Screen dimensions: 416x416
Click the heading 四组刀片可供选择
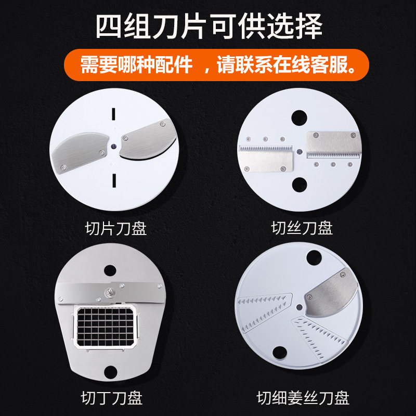[x=209, y=27]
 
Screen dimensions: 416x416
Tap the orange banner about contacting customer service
[x=216, y=64]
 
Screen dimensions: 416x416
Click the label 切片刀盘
[x=116, y=228]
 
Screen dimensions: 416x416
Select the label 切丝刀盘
[x=302, y=228]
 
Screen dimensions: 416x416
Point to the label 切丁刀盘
[x=112, y=398]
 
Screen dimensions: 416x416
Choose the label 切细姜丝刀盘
[x=303, y=398]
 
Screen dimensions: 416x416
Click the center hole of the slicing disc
[x=114, y=146]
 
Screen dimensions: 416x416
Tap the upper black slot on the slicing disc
[x=114, y=114]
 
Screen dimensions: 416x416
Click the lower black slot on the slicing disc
[x=114, y=180]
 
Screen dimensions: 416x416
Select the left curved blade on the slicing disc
[x=80, y=152]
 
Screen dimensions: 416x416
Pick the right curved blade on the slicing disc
[x=148, y=139]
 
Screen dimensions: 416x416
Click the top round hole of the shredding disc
[x=300, y=118]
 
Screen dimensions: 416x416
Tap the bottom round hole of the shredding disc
[x=300, y=185]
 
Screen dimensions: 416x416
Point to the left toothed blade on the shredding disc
[x=266, y=159]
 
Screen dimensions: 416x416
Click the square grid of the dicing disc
[x=106, y=327]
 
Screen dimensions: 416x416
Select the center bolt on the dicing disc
[x=109, y=293]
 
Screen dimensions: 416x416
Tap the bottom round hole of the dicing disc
[x=111, y=372]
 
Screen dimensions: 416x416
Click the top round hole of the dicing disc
[x=110, y=270]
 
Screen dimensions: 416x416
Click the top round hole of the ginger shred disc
[x=314, y=257]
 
